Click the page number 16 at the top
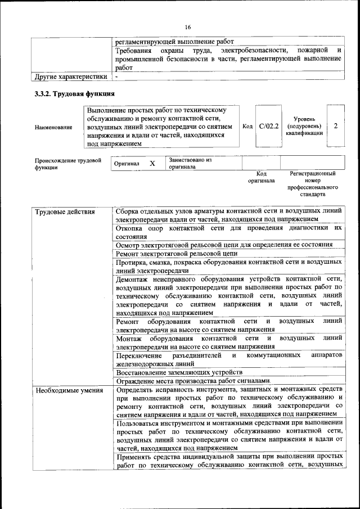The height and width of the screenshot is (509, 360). pyautogui.click(x=187, y=27)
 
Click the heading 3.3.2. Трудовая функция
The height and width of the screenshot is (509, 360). pyautogui.click(x=75, y=93)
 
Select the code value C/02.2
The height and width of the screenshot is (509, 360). pyautogui.click(x=269, y=127)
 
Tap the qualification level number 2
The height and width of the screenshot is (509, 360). pyautogui.click(x=336, y=127)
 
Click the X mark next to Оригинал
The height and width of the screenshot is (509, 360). pyautogui.click(x=152, y=163)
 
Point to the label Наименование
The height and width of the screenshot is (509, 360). pyautogui.click(x=53, y=127)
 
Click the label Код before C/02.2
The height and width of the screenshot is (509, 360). pyautogui.click(x=247, y=127)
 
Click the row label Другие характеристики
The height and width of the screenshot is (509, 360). pyautogui.click(x=71, y=76)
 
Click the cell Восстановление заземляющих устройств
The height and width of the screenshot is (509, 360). pyautogui.click(x=179, y=372)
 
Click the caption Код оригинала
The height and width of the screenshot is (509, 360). pyautogui.click(x=261, y=177)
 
